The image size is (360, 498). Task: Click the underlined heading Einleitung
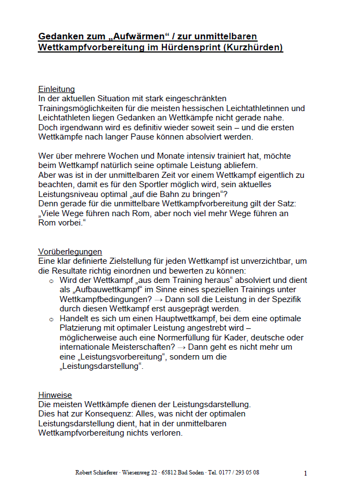(56, 89)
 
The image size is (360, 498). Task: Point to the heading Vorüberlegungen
(70, 251)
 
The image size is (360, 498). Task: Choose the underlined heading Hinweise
(55, 395)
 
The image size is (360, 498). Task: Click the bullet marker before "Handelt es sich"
(51, 319)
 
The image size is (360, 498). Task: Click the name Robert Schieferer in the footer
(97, 472)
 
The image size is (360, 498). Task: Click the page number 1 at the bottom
(305, 473)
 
